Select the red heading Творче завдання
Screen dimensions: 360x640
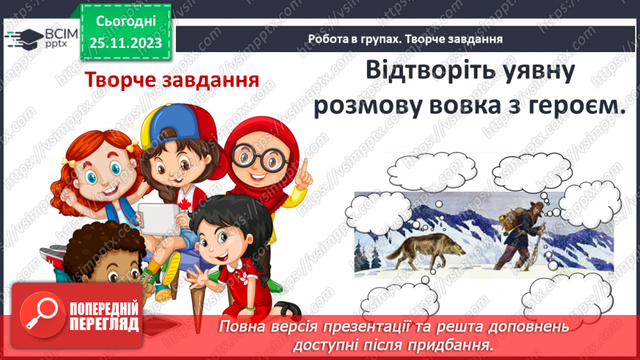(x=172, y=79)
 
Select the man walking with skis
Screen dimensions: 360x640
(x=521, y=233)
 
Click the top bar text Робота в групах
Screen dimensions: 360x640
(x=352, y=40)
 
